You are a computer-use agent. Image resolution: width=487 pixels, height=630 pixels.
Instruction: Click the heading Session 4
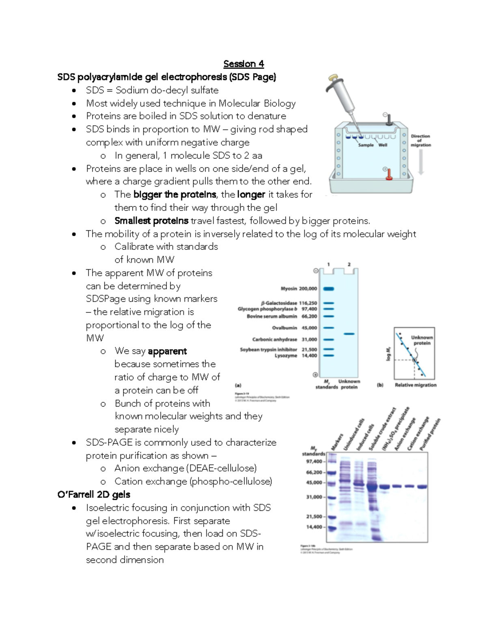[243, 64]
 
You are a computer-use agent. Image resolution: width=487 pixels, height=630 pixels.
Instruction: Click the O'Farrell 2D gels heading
[94, 495]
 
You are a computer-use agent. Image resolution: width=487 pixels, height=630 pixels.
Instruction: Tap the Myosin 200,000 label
[299, 289]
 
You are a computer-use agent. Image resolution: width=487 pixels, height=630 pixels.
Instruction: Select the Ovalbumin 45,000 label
[294, 328]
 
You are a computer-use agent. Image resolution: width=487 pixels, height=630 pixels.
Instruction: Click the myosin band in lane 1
[328, 289]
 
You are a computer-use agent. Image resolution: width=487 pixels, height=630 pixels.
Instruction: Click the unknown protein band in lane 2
[349, 334]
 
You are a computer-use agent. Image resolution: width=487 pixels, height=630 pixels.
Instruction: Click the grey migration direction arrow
[421, 162]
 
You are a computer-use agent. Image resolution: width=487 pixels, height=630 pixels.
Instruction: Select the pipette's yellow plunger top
[333, 77]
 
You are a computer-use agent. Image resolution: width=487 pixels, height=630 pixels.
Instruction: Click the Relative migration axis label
[416, 385]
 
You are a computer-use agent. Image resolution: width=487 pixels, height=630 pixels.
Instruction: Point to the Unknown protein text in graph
[422, 340]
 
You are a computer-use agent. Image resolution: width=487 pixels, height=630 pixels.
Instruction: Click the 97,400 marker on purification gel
[314, 462]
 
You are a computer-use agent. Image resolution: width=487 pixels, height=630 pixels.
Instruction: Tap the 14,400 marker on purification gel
[314, 527]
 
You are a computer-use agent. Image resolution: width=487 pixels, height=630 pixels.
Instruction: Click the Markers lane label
[337, 442]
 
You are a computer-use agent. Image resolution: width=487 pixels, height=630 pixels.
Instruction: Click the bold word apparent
[167, 351]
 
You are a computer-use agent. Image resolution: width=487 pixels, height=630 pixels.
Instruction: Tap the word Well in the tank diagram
[383, 145]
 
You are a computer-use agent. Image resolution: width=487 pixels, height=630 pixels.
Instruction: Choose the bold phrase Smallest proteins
[151, 221]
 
